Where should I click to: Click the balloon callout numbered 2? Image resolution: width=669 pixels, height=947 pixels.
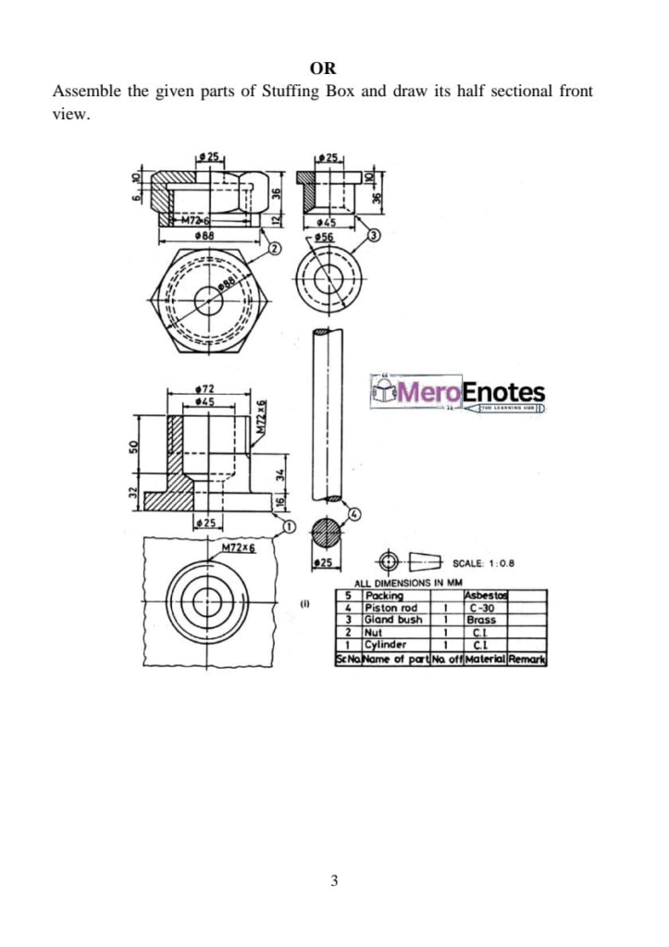coord(274,247)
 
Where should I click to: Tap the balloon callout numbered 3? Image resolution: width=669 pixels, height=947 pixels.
coord(373,237)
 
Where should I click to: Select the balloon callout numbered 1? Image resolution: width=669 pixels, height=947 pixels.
coord(288,527)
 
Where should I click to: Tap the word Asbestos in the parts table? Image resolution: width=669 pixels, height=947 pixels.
coord(487,596)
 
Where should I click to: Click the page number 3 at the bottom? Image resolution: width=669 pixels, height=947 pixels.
coord(334,880)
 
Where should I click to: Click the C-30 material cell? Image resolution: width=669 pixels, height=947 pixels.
coord(481,608)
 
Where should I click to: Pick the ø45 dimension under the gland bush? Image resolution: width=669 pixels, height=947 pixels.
coord(323,223)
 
